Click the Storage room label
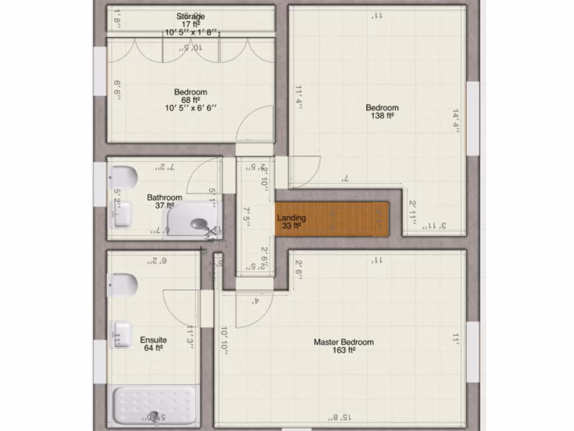point(191,16)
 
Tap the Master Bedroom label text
point(343,342)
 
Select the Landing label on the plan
point(291,218)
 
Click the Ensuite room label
point(153,340)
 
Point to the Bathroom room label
point(164,198)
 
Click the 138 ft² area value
point(382,116)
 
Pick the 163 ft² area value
point(343,350)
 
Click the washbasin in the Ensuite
point(121,334)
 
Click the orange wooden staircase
point(332,218)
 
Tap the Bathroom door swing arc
point(203,177)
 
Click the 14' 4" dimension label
point(456,121)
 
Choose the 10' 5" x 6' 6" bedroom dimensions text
point(191,108)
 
